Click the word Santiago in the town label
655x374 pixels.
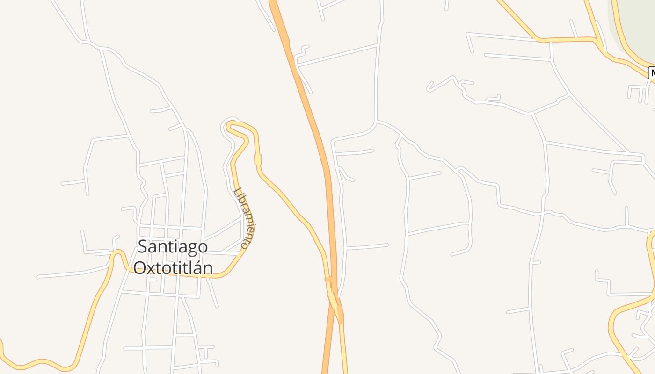pos(173,247)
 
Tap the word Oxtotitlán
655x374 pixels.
pos(173,268)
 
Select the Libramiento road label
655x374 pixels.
pos(247,217)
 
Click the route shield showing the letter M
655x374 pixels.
pos(652,73)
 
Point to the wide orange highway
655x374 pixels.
pos(311,117)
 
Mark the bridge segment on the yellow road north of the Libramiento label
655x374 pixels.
pos(258,159)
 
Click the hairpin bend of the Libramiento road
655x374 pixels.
pos(229,125)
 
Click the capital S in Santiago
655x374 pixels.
pos(142,247)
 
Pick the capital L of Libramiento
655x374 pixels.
pos(238,192)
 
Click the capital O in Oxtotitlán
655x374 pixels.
pos(140,268)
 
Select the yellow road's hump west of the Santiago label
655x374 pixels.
pos(119,253)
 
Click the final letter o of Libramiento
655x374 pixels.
pos(244,244)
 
